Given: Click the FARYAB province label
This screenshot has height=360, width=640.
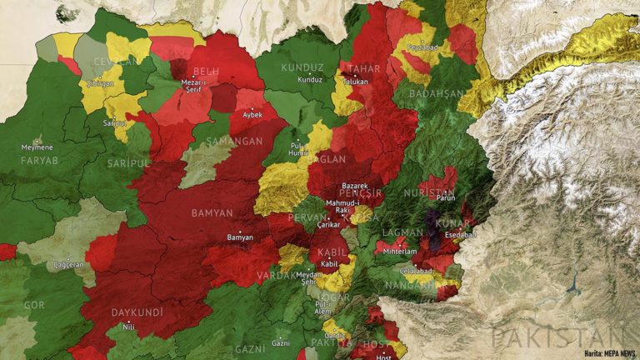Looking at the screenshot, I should [40, 159].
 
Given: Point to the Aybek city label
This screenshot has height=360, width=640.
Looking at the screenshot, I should [251, 114].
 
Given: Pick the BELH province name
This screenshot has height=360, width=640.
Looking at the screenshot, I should [206, 72].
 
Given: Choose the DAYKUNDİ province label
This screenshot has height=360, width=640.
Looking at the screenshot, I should [137, 312].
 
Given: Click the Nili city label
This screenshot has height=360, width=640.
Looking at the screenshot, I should [129, 327].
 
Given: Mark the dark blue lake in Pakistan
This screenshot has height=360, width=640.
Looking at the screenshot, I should [574, 292].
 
